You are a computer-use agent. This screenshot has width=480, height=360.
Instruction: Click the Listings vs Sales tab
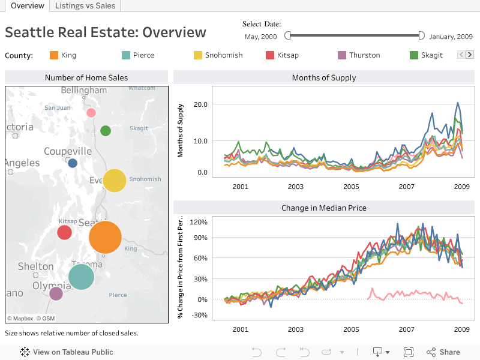(x=85, y=6)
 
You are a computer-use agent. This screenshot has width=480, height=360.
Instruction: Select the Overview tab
(x=27, y=6)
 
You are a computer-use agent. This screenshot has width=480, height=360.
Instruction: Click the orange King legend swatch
(x=54, y=55)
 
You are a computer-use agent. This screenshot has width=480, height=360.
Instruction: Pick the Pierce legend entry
(x=143, y=55)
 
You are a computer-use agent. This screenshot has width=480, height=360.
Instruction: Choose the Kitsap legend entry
(x=287, y=55)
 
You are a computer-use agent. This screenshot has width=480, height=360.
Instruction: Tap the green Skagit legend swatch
(x=414, y=55)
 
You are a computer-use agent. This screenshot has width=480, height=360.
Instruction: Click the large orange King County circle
(x=106, y=237)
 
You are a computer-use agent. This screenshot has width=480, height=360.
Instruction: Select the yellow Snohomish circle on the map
(x=115, y=181)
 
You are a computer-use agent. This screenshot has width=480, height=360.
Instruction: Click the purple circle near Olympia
(x=56, y=293)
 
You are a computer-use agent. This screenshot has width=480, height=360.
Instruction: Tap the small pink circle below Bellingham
(x=91, y=113)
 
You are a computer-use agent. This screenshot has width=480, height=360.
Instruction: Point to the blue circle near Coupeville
(x=73, y=163)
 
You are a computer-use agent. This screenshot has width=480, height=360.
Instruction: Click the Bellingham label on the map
(x=84, y=91)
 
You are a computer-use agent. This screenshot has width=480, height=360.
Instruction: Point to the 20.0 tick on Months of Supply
(x=200, y=104)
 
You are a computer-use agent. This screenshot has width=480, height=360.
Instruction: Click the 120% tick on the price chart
(x=199, y=222)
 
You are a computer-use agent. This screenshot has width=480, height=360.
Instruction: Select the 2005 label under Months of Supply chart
(x=351, y=187)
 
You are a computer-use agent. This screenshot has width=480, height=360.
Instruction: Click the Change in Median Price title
(x=324, y=208)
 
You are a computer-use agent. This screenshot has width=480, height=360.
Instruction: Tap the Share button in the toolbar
(x=443, y=352)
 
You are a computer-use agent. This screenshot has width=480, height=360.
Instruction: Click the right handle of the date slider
(x=421, y=36)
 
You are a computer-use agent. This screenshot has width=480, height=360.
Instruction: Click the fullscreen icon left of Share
(x=409, y=352)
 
